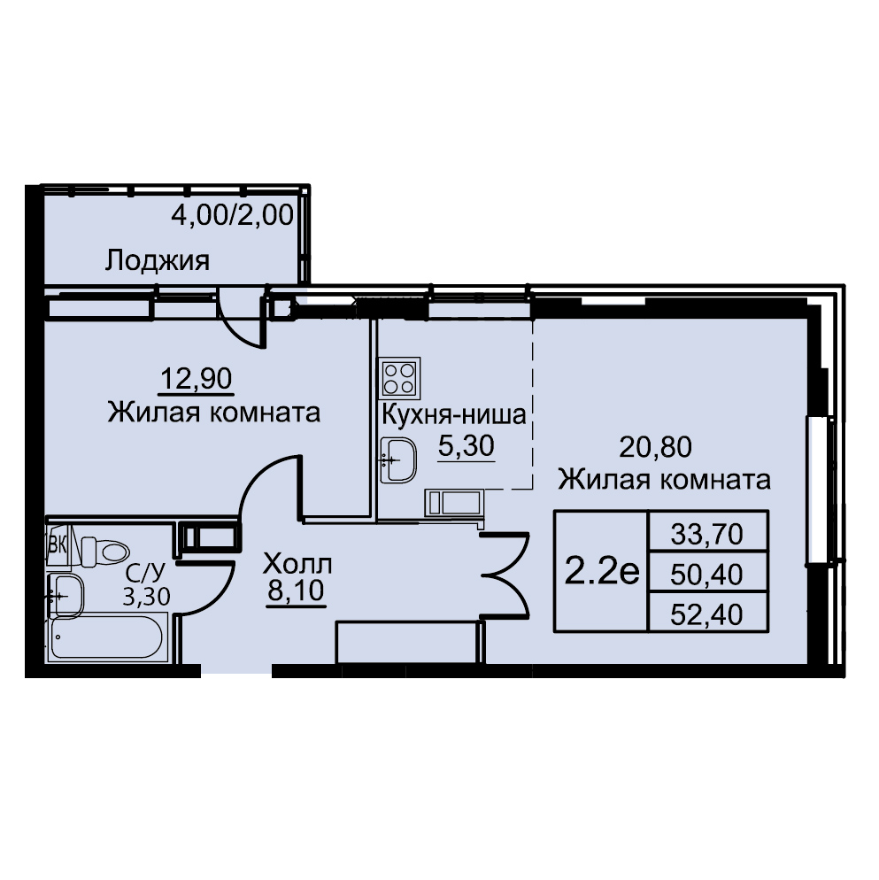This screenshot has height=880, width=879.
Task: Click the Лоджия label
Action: [158, 261]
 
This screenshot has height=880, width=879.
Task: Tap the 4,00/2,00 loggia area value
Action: [232, 215]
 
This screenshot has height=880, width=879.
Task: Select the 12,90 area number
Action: [197, 380]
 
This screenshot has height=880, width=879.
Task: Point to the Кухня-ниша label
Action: [454, 415]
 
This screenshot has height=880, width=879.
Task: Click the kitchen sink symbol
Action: [398, 460]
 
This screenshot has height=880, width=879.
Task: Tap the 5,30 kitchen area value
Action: [466, 446]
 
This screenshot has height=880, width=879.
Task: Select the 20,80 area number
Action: [656, 447]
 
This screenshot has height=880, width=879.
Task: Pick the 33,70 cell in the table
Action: [707, 535]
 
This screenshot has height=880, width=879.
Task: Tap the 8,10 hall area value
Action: [296, 591]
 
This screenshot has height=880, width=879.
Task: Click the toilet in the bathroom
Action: [105, 552]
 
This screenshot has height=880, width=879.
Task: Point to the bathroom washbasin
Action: [66, 596]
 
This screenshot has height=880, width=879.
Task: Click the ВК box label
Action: [58, 545]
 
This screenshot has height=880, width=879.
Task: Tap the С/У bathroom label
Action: [146, 573]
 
